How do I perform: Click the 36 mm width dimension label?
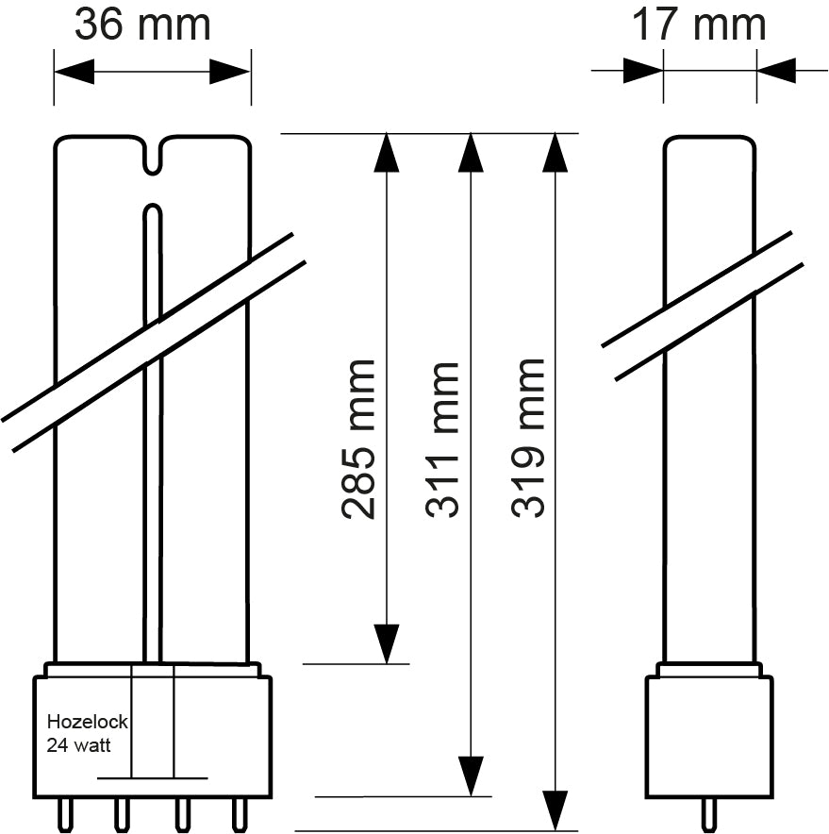pyautogui.click(x=142, y=25)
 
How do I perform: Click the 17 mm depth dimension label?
pyautogui.click(x=698, y=25)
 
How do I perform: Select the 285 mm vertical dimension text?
pyautogui.click(x=359, y=439)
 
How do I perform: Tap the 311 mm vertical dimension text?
pyautogui.click(x=443, y=439)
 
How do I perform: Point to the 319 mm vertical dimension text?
pyautogui.click(x=529, y=439)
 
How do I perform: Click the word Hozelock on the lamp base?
pyautogui.click(x=87, y=723)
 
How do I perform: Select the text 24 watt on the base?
pyautogui.click(x=79, y=744)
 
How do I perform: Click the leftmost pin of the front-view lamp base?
pyautogui.click(x=67, y=812)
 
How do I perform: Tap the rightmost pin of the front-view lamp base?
pyautogui.click(x=240, y=812)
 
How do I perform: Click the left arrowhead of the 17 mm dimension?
pyautogui.click(x=643, y=70)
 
